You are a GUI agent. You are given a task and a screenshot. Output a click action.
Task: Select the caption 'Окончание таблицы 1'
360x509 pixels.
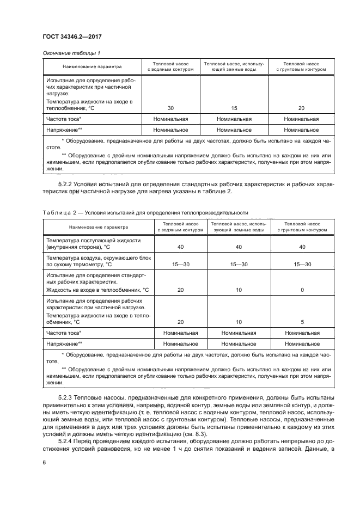click(70, 53)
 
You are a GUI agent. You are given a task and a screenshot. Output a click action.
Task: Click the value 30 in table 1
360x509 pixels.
click(170, 108)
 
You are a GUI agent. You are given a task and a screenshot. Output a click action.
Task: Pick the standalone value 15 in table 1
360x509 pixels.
click(234, 108)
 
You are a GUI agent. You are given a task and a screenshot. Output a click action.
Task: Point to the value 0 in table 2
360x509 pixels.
click(302, 290)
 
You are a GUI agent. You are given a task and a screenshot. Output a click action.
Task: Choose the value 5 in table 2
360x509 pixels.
click(302, 322)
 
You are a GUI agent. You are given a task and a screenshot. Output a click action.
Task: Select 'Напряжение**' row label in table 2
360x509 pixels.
click(64, 344)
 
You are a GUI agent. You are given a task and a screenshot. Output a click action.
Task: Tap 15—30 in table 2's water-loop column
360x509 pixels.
click(175, 264)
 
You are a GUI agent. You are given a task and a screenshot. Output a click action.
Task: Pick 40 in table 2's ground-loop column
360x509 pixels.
click(302, 247)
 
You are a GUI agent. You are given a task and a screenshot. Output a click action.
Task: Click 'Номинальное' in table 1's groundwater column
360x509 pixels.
click(234, 130)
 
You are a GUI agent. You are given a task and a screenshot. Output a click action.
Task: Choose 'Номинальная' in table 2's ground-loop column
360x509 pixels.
click(302, 333)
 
